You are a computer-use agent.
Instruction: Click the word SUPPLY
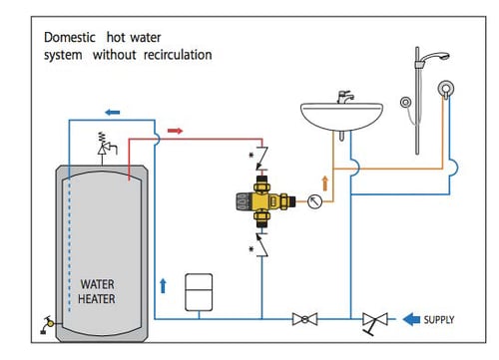[439, 320]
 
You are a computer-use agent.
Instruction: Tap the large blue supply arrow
[411, 319]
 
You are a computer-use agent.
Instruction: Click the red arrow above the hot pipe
[176, 131]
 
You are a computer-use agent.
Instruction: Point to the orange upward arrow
[325, 183]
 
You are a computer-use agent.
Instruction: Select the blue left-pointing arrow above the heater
[113, 113]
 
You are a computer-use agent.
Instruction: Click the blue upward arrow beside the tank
[163, 286]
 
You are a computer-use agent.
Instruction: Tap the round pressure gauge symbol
[314, 201]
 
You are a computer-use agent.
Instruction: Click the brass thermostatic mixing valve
[264, 201]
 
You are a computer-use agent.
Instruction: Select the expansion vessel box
[199, 292]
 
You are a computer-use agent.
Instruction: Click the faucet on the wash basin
[345, 97]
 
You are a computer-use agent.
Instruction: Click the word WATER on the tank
[97, 284]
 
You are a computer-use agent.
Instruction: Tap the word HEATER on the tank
[97, 299]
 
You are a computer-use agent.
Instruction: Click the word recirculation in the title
[178, 55]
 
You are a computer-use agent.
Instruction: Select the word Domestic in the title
[70, 37]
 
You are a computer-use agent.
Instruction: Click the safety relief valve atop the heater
[106, 144]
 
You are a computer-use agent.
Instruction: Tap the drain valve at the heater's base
[49, 324]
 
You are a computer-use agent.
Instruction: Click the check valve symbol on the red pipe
[262, 159]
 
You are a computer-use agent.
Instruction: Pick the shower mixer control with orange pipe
[445, 89]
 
